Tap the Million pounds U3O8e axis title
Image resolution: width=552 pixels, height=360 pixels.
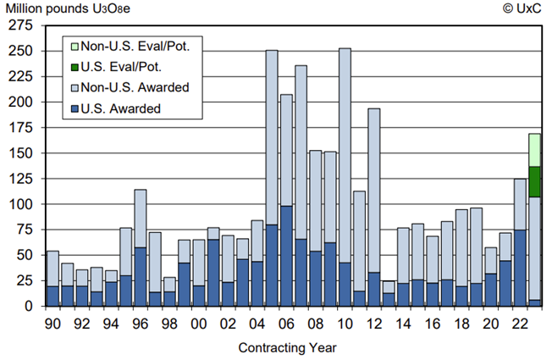pos(63,9)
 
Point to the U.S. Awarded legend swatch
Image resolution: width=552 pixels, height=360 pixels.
pos(74,108)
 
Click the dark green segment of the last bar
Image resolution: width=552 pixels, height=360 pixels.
pos(534,181)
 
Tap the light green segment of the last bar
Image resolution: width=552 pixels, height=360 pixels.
pos(534,150)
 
